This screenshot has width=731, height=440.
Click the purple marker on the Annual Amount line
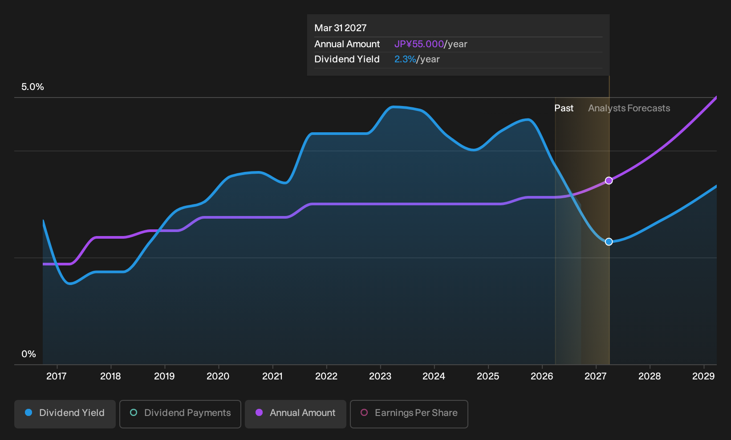point(609,180)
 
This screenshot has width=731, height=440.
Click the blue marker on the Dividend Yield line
point(609,241)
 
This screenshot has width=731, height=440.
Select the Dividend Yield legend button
point(65,414)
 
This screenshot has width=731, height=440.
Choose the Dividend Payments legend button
point(180,414)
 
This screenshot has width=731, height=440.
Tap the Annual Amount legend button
point(295,414)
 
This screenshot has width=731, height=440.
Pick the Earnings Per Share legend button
point(409,414)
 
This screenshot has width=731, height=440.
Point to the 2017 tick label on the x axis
point(57,376)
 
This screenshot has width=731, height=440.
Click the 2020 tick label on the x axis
point(218,376)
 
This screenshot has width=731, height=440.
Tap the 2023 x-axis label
point(380,376)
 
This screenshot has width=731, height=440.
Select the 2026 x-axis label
point(542,376)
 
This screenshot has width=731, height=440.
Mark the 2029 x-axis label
point(703,376)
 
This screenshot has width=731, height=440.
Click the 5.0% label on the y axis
point(32,87)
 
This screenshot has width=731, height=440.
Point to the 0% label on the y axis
point(29,354)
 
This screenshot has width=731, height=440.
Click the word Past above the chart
point(564,108)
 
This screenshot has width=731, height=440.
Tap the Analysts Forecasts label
point(629,108)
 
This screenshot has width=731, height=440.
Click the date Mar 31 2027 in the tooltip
point(341,28)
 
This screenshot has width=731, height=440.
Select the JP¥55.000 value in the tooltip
point(419,44)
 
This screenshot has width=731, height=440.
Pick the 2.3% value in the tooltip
point(405,59)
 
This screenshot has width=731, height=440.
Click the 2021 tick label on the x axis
point(272,376)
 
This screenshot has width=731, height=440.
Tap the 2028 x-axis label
point(650,376)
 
